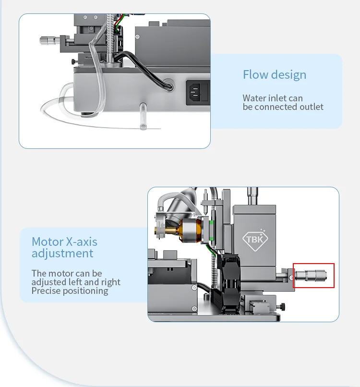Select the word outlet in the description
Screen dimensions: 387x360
pos(310,107)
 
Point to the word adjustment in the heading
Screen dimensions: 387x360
pos(62,253)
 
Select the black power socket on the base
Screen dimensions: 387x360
pos(198,91)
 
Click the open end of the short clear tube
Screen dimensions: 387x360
pos(143,126)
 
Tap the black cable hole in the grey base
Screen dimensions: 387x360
pos(168,83)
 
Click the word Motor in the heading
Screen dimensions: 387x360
pos(47,242)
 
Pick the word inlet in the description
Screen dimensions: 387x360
pos(278,98)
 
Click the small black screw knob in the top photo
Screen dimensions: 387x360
pos(73,61)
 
